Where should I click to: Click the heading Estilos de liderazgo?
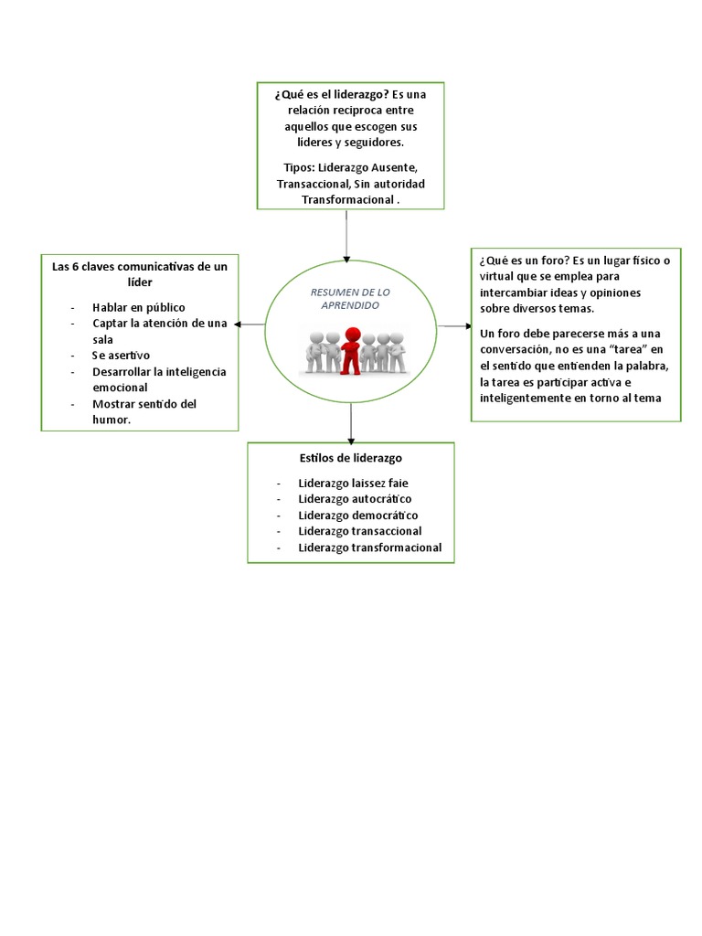(350, 458)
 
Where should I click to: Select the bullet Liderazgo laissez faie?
(348, 483)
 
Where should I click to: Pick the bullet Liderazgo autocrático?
(355, 499)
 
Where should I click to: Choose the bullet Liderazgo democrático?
(357, 515)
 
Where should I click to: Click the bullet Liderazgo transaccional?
(359, 531)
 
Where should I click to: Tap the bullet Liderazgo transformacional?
(369, 548)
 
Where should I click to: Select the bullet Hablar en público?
(137, 307)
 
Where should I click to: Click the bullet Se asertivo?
(121, 355)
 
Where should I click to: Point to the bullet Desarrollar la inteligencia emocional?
(159, 379)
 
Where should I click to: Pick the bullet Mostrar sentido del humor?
(144, 411)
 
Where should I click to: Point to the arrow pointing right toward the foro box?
(453, 325)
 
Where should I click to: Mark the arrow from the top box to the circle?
(346, 238)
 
